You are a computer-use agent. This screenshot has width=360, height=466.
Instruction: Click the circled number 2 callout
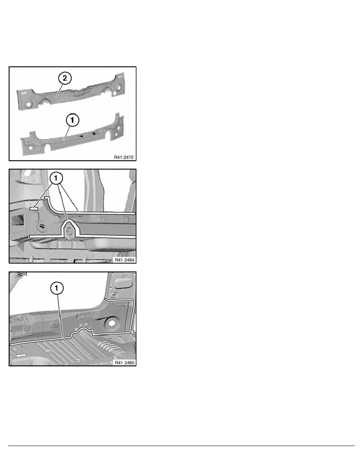point(65,78)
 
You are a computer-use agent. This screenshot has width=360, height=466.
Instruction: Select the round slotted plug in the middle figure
point(41,226)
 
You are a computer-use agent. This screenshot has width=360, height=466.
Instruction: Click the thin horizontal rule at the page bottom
point(180,446)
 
